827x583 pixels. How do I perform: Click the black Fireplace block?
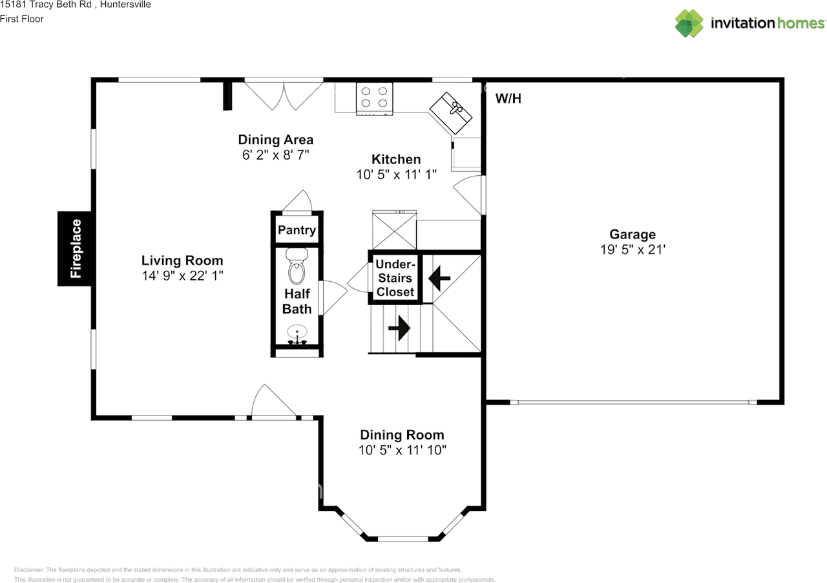click(76, 248)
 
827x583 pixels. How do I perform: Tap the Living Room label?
click(182, 260)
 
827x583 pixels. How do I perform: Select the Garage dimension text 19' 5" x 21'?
click(633, 249)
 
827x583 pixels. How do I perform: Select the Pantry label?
click(297, 230)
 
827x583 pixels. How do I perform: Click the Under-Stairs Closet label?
click(395, 278)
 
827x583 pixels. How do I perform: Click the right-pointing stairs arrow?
click(400, 328)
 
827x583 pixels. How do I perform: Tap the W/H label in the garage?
click(508, 99)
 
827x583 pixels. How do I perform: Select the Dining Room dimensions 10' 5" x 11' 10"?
click(402, 450)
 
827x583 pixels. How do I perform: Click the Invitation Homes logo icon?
click(689, 23)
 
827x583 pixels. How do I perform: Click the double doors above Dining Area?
click(284, 95)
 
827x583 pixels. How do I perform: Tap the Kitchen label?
click(396, 159)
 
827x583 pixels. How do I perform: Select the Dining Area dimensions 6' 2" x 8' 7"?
click(276, 155)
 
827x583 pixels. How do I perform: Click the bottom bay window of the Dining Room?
click(403, 538)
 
